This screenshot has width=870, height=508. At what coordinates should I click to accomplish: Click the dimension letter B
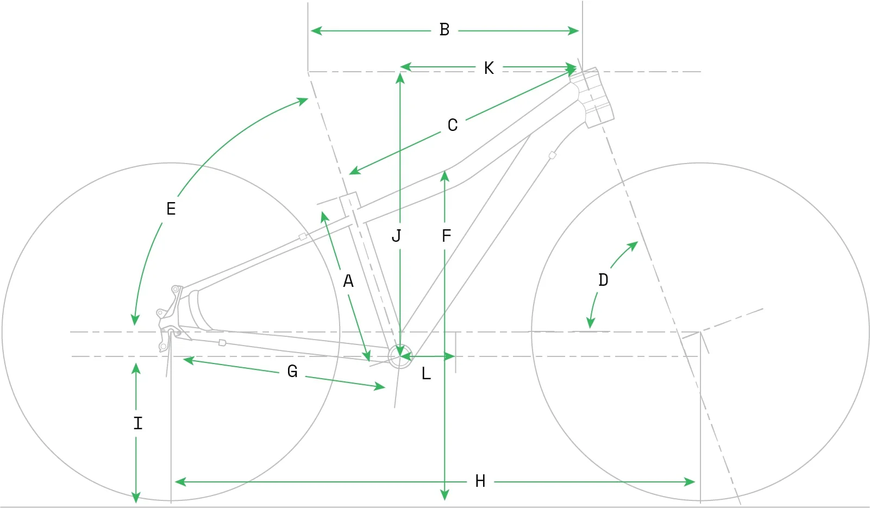445,30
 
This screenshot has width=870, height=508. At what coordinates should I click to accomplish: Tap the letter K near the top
489,68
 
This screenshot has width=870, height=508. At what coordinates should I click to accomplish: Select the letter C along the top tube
453,125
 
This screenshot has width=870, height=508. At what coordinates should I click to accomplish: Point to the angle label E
171,209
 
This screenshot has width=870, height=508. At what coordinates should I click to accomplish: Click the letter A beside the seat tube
348,281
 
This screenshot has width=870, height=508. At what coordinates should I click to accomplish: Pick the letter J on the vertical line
396,236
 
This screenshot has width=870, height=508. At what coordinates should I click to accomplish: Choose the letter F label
446,236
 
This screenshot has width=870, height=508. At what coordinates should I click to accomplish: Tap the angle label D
603,280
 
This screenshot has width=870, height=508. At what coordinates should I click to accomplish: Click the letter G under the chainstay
292,371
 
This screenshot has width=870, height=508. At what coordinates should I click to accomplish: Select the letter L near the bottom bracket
426,374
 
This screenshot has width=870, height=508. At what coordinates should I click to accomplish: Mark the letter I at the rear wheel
138,423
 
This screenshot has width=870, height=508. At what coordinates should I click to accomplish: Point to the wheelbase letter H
480,481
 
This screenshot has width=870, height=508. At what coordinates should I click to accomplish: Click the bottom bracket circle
400,344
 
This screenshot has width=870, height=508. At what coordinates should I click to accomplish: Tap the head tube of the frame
592,97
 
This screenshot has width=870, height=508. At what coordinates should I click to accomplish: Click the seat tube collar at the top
349,204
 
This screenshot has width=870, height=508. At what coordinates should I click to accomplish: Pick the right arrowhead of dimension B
573,30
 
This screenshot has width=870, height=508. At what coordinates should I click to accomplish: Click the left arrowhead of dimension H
180,482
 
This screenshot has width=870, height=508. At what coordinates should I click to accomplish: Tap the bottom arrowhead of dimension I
136,497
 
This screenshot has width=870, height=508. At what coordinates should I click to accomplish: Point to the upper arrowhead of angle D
633,246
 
